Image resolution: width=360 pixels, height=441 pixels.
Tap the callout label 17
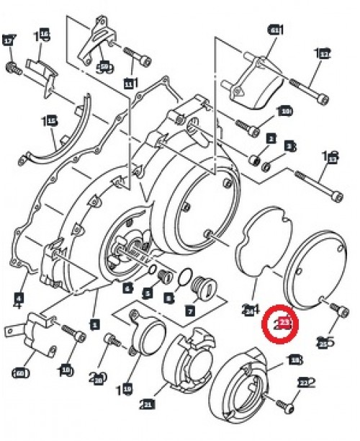pyautogui.click(x=9, y=40)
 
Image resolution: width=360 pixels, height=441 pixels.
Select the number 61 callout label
pyautogui.click(x=274, y=30)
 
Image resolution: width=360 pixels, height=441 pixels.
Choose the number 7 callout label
pyautogui.click(x=190, y=311)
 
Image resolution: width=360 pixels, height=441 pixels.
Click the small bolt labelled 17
pyautogui.click(x=12, y=68)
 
